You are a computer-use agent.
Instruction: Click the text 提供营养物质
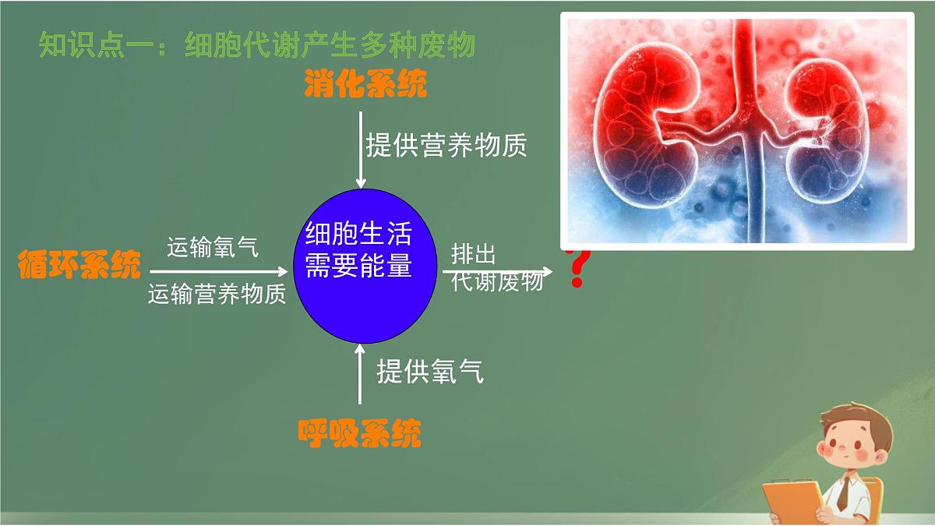tap(446, 145)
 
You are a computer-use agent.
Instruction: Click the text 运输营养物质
tap(217, 294)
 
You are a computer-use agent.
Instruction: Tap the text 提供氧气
tap(430, 372)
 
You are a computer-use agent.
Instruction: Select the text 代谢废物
tap(497, 282)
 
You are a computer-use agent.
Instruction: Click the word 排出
tap(474, 255)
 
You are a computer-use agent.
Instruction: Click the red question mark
tap(577, 268)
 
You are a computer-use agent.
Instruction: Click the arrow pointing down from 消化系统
tap(360, 148)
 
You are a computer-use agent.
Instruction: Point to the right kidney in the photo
tap(827, 129)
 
